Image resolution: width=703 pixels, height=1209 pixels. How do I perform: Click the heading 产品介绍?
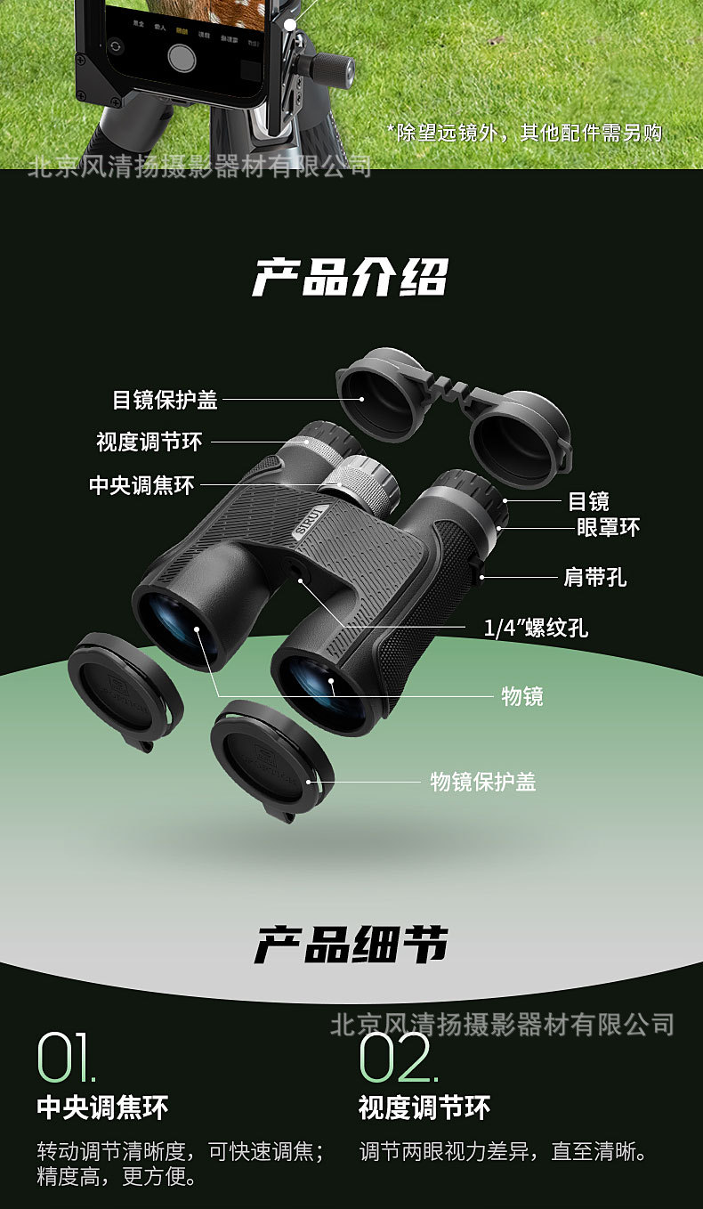(351, 277)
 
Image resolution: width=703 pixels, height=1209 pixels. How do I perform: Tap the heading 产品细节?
(351, 945)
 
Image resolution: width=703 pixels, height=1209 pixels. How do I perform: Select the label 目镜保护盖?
(165, 400)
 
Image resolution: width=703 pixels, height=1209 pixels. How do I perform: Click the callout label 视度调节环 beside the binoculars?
(149, 442)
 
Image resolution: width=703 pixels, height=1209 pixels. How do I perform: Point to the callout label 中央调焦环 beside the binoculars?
(141, 485)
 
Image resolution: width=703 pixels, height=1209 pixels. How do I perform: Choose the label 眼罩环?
(609, 527)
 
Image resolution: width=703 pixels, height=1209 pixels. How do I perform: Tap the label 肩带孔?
(595, 577)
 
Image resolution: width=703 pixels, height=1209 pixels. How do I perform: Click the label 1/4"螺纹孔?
(536, 629)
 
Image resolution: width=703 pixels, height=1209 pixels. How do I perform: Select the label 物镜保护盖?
(483, 782)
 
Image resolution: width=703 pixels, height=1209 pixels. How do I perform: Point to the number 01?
(66, 1058)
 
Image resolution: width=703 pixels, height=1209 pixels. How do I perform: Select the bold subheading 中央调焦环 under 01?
(102, 1108)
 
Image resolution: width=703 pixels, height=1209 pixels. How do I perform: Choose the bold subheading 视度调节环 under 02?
(424, 1108)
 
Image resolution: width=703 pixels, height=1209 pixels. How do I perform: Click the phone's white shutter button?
(182, 57)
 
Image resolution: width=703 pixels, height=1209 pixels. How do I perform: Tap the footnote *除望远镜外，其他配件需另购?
(525, 133)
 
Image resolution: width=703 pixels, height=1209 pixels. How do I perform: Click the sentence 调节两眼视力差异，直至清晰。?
(503, 1152)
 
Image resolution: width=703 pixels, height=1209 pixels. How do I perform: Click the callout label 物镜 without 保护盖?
(522, 695)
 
